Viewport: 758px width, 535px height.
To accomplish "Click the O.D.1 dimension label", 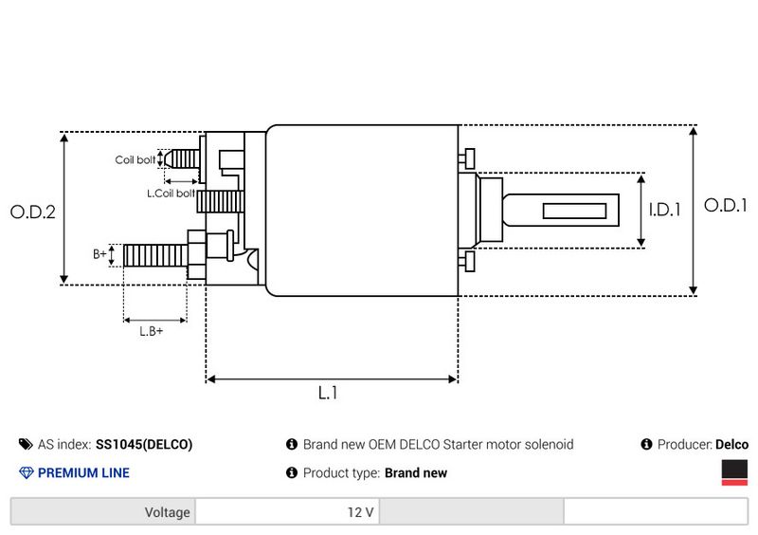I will [x=726, y=205].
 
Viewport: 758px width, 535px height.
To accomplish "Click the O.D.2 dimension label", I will [x=33, y=212].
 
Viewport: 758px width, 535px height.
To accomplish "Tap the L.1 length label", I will [x=328, y=393].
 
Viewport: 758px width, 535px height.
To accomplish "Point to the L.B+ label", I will [x=152, y=331].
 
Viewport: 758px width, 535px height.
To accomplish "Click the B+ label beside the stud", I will [x=99, y=254].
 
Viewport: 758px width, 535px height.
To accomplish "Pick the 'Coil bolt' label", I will [x=135, y=160].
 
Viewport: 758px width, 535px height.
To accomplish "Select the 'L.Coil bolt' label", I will [x=171, y=193].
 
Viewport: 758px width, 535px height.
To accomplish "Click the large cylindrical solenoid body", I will [x=361, y=210].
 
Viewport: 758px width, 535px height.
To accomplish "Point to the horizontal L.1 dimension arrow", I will [x=332, y=379].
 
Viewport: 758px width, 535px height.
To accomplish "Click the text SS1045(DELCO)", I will [x=144, y=444].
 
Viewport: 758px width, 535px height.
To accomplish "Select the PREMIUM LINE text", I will [x=83, y=472].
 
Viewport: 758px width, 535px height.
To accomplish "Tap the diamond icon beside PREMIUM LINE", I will [x=26, y=472].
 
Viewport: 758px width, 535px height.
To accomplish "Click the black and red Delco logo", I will [x=734, y=473].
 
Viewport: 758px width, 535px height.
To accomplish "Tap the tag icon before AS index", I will [x=26, y=444].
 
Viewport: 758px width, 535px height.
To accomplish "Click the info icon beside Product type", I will [x=292, y=472].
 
